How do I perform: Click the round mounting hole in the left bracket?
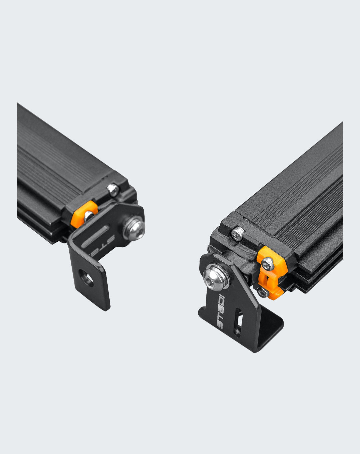click(86, 278)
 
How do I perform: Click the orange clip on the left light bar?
click(84, 214)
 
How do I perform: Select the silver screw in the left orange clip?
click(89, 215)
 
